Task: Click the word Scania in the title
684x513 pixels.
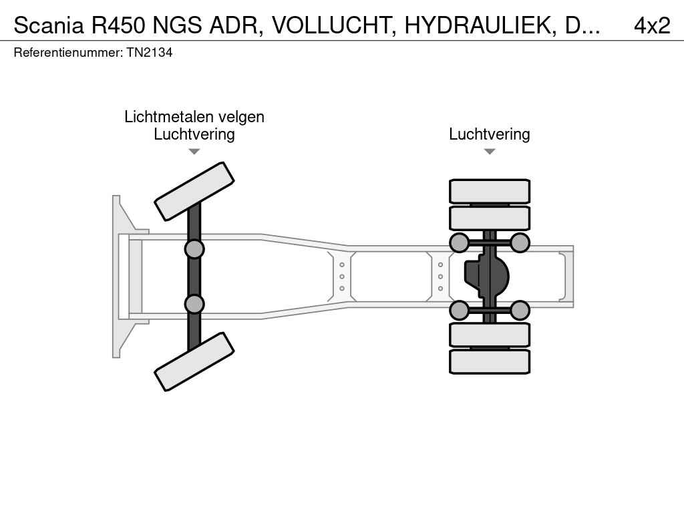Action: point(48,26)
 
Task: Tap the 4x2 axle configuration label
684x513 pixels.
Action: point(652,26)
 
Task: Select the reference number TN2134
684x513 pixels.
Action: point(150,53)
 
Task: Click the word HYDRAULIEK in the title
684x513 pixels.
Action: point(480,26)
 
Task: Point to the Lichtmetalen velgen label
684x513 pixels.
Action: point(194,117)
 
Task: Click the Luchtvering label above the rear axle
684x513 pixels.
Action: point(490,134)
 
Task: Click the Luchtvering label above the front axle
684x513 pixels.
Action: point(194,134)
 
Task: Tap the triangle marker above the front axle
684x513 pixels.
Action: point(194,152)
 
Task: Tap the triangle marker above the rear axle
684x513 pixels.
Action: point(490,152)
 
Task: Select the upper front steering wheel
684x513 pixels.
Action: point(194,191)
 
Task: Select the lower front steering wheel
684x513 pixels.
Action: point(194,361)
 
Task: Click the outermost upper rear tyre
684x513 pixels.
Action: point(490,191)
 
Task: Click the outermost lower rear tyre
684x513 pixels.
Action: point(490,361)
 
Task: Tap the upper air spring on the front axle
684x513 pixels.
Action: point(194,250)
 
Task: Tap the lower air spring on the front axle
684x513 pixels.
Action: point(194,304)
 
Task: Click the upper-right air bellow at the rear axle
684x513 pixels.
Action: point(520,242)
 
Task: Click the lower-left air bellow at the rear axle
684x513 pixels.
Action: point(459,310)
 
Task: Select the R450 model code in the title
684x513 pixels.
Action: point(118,26)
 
